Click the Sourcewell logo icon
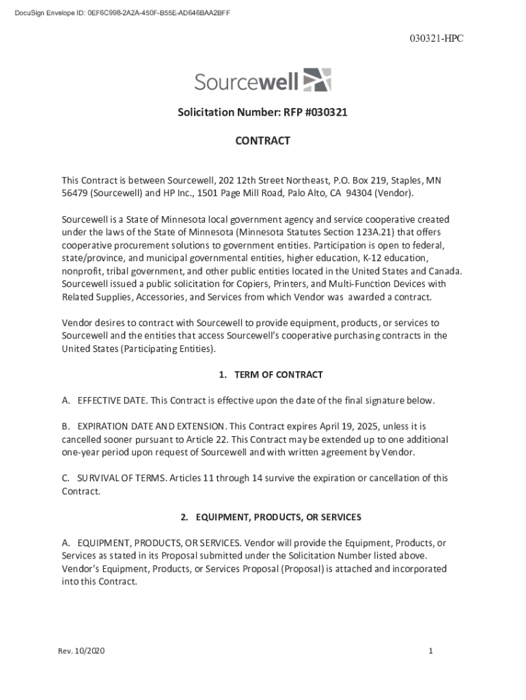[x=317, y=80]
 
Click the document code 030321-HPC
[x=438, y=39]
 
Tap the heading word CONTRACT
[x=263, y=141]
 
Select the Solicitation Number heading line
[x=263, y=112]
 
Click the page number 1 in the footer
[x=431, y=651]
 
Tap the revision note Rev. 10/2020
[x=81, y=651]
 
